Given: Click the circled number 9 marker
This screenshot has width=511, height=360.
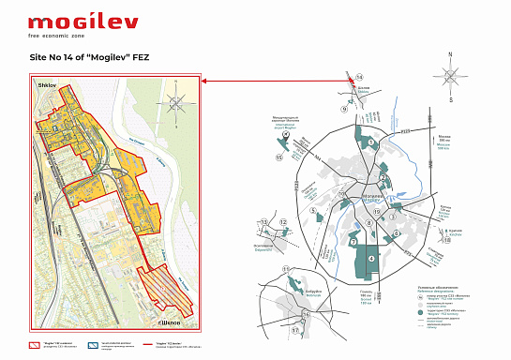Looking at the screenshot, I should tap(344, 109).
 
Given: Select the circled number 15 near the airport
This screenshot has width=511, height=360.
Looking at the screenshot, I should tap(278, 157).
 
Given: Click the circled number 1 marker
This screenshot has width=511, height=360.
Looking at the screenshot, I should tap(371, 142).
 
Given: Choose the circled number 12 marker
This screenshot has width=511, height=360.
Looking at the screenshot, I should tap(281, 222).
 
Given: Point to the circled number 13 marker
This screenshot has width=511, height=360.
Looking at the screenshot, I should tap(264, 222).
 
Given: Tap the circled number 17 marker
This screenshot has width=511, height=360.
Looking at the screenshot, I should tap(293, 330).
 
